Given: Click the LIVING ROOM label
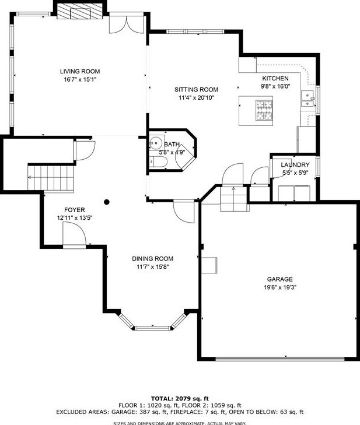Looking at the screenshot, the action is [80, 71].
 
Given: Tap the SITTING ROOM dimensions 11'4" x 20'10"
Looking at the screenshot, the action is [197, 97].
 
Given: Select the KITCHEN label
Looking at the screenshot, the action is [275, 78].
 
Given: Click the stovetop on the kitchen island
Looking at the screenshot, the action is [264, 110].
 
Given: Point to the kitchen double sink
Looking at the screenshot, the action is [308, 99].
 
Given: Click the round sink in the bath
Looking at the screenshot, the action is [156, 142].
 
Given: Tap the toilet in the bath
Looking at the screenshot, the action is [158, 162].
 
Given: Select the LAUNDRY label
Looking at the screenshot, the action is [295, 164].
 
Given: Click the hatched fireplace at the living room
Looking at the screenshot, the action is [80, 12].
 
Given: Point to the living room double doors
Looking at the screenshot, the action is [127, 24].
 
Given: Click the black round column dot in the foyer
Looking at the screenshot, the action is [107, 202].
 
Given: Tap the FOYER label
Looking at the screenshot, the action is [75, 210].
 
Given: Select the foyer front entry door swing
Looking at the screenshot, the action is [74, 234].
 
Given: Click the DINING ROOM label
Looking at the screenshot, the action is [152, 259].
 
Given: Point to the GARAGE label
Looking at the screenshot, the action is [280, 279].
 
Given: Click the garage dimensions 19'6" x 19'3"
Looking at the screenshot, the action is [280, 287].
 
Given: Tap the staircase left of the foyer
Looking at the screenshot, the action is [51, 178].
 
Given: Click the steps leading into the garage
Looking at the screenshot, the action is [235, 199].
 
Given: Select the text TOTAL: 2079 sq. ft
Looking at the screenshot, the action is [180, 398].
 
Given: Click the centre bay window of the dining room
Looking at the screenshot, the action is [153, 328].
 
